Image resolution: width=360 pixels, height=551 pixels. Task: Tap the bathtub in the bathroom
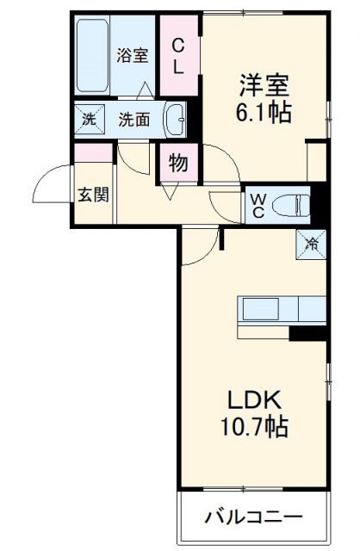(93, 57)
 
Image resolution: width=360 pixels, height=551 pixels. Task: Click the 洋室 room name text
(264, 86)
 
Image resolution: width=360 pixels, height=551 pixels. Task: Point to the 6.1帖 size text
(264, 112)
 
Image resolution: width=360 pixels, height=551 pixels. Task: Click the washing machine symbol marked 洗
(88, 119)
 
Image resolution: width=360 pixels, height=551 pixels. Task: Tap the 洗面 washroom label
(134, 120)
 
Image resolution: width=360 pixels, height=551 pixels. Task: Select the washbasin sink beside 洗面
(176, 120)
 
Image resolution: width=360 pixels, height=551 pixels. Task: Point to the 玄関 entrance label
(94, 195)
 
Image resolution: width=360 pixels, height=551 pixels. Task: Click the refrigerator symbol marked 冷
(312, 244)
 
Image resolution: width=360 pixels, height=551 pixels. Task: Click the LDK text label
(254, 400)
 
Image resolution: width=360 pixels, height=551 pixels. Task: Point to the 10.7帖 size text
(254, 426)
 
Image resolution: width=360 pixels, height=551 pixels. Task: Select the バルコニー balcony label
(253, 517)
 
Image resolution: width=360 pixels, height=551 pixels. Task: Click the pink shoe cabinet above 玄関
(93, 153)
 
